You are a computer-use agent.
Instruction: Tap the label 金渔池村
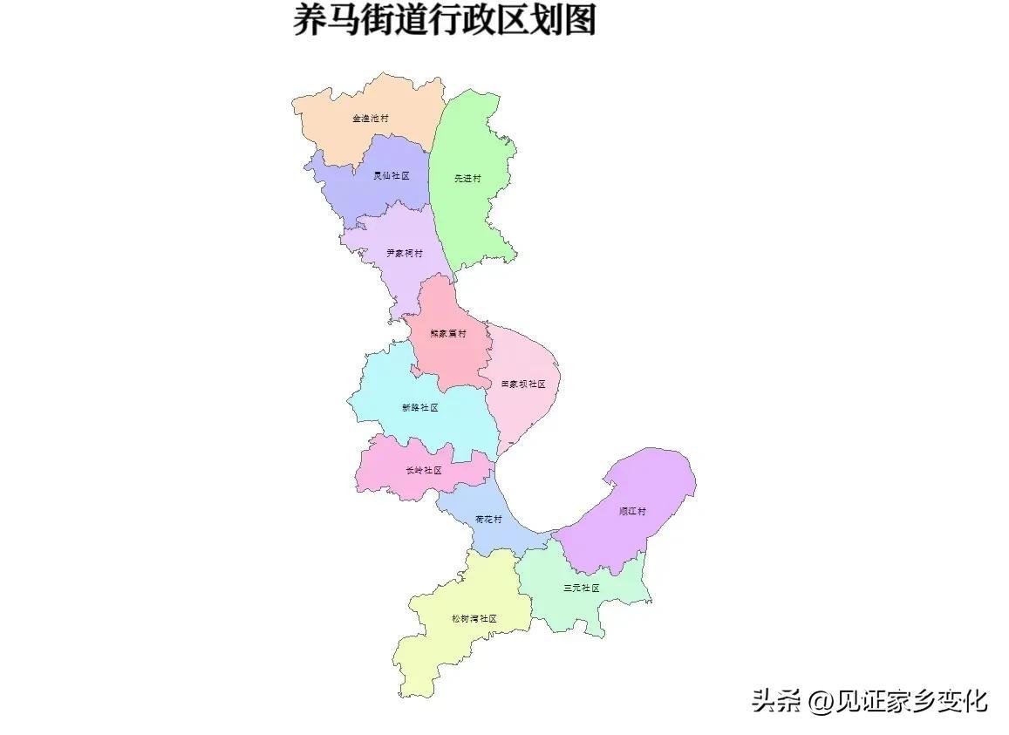[x=371, y=118]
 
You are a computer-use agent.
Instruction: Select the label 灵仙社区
[x=391, y=175]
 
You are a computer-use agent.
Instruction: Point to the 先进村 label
[x=467, y=179]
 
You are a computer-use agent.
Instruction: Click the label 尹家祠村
[x=405, y=254]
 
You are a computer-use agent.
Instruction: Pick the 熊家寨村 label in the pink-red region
[x=448, y=333]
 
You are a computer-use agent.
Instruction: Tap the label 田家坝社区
[x=523, y=384]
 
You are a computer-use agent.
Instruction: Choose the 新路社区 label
[x=419, y=407]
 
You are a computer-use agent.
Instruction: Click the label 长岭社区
[x=424, y=471]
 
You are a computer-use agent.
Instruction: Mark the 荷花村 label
[x=488, y=520]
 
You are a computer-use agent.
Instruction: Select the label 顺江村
[x=633, y=512]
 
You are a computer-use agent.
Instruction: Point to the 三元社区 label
[x=582, y=588]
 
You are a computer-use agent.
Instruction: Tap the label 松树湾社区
[x=474, y=619]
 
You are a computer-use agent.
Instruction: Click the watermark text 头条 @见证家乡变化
[x=869, y=700]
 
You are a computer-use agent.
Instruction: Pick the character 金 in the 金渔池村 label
[x=357, y=118]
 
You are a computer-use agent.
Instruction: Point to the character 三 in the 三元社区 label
[x=568, y=588]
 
